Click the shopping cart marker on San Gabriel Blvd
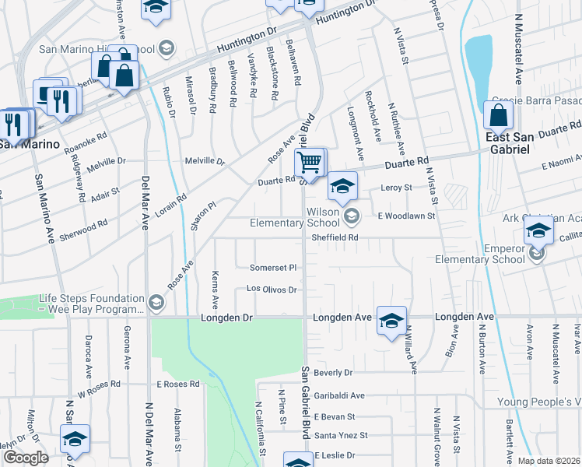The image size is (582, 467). (310, 163)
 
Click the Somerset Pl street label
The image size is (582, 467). (272, 268)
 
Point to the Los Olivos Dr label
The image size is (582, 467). (272, 290)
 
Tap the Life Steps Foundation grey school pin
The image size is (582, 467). (156, 301)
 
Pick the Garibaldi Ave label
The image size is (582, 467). (339, 395)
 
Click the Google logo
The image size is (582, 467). (25, 458)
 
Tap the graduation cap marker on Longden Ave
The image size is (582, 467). (391, 320)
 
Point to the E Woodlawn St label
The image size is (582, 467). (405, 215)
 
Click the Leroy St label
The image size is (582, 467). (395, 188)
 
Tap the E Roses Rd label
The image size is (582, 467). (178, 384)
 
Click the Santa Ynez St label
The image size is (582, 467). (340, 435)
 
